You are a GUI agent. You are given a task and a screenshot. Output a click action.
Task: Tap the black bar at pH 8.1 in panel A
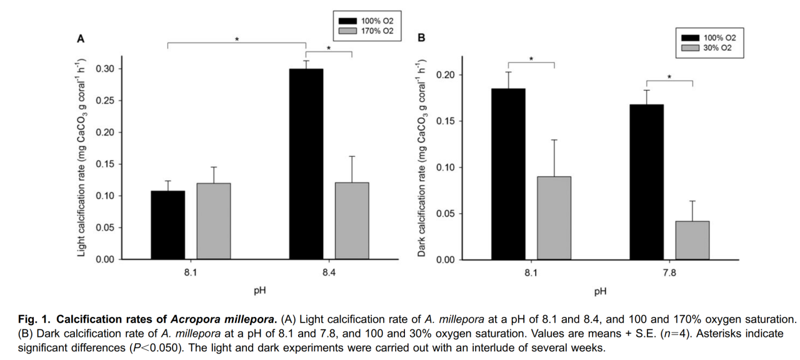(x=167, y=225)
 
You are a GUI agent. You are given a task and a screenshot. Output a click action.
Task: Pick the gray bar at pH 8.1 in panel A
(x=214, y=221)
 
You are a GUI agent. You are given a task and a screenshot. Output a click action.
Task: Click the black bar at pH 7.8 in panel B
(x=646, y=182)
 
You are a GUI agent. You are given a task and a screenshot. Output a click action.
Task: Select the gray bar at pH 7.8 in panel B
(x=692, y=241)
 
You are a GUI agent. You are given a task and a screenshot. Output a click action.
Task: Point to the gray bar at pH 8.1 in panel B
(x=554, y=218)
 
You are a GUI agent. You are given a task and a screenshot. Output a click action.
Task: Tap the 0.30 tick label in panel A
(x=104, y=69)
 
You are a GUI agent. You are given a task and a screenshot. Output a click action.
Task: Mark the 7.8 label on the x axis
(x=669, y=273)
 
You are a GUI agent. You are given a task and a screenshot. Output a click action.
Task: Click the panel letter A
(x=81, y=39)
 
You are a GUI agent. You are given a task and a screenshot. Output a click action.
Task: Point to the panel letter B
(x=421, y=39)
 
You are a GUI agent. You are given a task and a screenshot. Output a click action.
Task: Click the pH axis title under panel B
(x=600, y=291)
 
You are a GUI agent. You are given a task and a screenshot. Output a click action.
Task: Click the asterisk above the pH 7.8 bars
(x=669, y=77)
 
